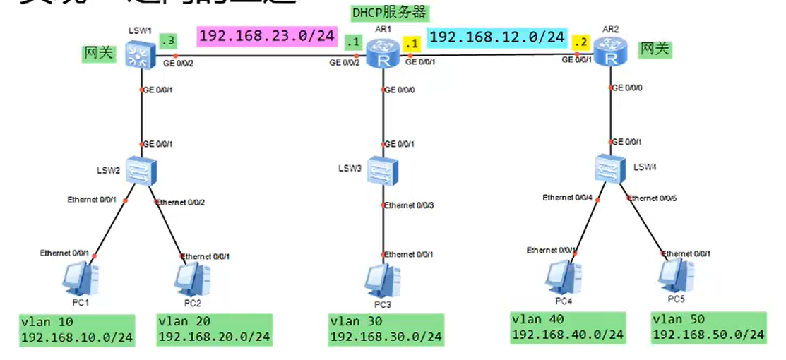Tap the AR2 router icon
tap(610, 51)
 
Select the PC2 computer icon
tap(191, 279)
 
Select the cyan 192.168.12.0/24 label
tap(497, 37)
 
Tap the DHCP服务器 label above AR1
tap(390, 13)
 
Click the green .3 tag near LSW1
tap(167, 42)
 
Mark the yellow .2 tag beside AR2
tap(581, 42)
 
